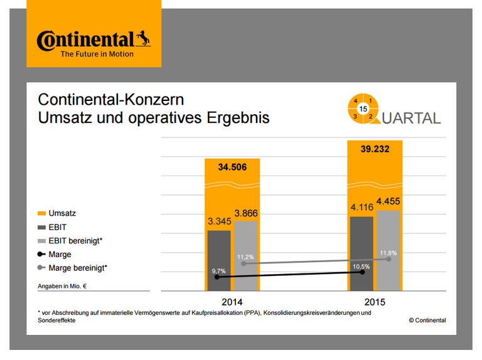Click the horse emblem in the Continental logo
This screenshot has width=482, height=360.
tap(143, 40)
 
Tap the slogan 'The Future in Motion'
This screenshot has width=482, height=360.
tap(97, 55)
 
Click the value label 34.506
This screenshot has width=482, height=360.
tap(232, 167)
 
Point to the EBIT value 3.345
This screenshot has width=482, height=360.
tap(219, 221)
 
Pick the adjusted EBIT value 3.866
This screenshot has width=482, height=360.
tap(247, 213)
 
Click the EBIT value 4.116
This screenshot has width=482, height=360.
tap(361, 208)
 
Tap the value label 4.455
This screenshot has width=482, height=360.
tap(388, 201)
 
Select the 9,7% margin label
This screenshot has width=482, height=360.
tap(218, 270)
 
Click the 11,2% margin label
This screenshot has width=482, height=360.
tap(245, 257)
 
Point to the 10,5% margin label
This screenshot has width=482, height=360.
tap(361, 266)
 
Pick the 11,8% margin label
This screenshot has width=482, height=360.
tap(388, 253)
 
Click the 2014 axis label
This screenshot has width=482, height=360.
tap(232, 302)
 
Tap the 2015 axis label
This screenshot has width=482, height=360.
tap(375, 302)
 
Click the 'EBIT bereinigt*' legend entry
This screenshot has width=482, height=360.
tap(75, 241)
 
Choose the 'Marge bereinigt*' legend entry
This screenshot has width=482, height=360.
tap(77, 268)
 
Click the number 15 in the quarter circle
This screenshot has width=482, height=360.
tap(363, 109)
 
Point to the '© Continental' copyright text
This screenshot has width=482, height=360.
tap(427, 320)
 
